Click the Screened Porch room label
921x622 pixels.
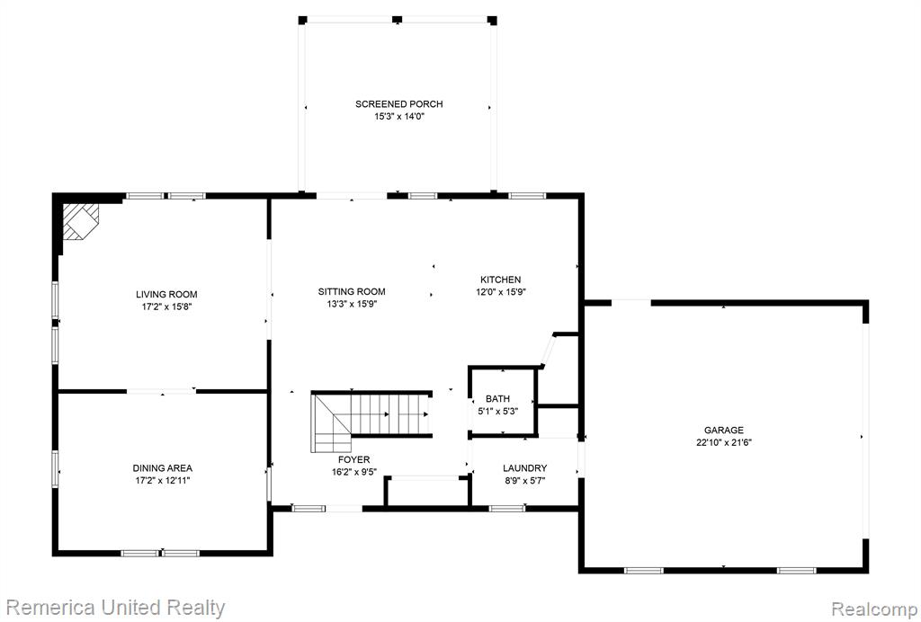point(398,104)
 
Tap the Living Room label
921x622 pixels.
point(166,295)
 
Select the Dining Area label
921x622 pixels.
point(163,468)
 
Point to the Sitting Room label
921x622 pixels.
point(352,291)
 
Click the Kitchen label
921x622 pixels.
point(500,280)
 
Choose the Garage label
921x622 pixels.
point(724,431)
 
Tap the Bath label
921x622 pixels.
point(497,399)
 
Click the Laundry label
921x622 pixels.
point(524,468)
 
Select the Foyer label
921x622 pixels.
point(353,459)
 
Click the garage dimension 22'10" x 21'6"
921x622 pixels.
point(724,442)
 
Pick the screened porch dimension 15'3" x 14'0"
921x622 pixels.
point(399,116)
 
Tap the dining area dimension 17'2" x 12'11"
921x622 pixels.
point(163,481)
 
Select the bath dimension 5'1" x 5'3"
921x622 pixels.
point(497,412)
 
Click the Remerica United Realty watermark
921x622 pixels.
point(115,608)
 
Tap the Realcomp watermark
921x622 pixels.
point(874,609)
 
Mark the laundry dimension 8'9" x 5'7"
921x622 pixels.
point(524,481)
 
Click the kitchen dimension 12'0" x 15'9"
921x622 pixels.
point(500,292)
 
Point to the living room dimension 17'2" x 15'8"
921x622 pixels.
point(166,307)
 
